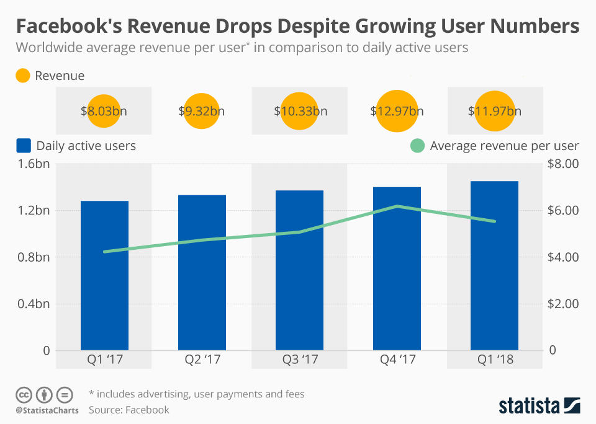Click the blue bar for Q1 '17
(104, 275)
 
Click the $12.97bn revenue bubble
(397, 112)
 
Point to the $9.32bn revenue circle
(202, 112)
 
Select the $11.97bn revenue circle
(494, 112)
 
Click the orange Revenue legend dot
(23, 76)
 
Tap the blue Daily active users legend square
(23, 146)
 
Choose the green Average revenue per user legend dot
(417, 146)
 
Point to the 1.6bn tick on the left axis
(35, 164)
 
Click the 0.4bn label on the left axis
(35, 304)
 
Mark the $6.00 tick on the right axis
(562, 210)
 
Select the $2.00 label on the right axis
(562, 304)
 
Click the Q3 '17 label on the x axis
(300, 360)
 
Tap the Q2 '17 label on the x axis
(202, 360)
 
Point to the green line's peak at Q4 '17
(397, 206)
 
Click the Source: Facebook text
(129, 410)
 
